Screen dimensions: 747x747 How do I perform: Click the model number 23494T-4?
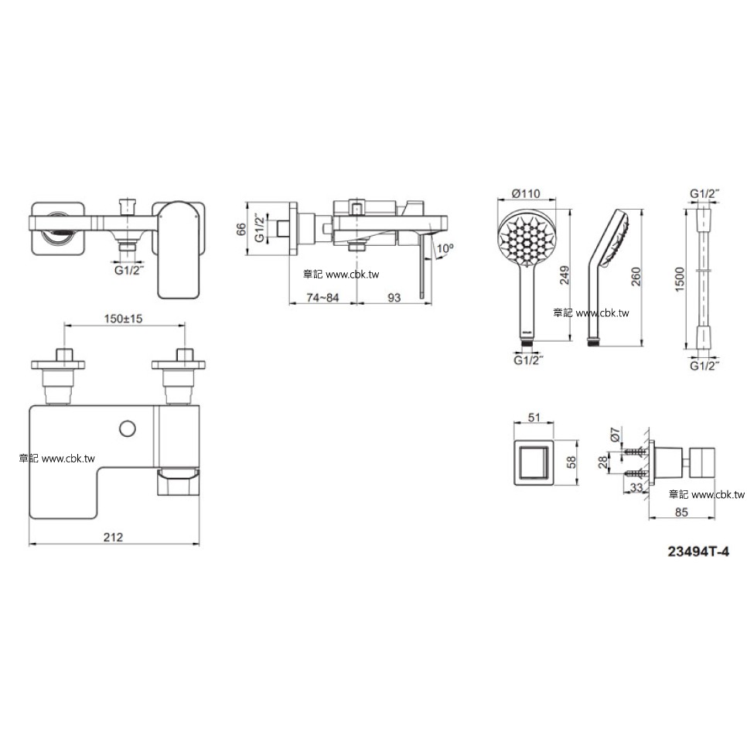click(698, 551)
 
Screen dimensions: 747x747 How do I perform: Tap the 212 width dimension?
click(114, 537)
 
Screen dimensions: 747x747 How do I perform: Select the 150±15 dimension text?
click(124, 319)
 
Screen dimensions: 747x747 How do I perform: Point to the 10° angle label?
click(445, 248)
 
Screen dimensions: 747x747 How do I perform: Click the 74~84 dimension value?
click(322, 298)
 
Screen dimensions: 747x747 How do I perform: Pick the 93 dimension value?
click(394, 298)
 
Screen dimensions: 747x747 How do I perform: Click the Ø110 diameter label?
click(526, 193)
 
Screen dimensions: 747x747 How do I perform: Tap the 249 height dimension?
click(565, 275)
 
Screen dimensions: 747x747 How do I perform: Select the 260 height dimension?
click(636, 277)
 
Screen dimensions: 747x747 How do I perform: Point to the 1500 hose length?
click(680, 280)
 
